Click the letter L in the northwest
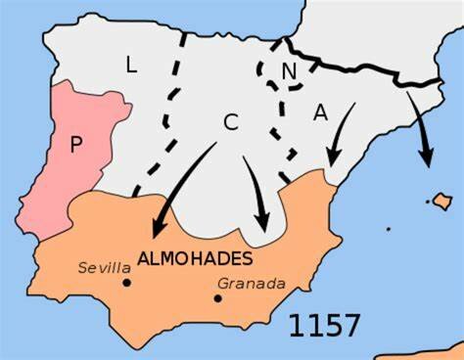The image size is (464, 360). click(131, 66)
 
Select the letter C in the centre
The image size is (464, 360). click(231, 122)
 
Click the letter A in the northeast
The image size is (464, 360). click(320, 112)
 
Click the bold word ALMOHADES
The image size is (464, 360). click(196, 259)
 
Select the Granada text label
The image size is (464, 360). click(252, 284)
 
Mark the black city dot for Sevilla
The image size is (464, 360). click(126, 284)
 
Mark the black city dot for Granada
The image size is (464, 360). click(217, 297)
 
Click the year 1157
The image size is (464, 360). click(324, 325)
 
